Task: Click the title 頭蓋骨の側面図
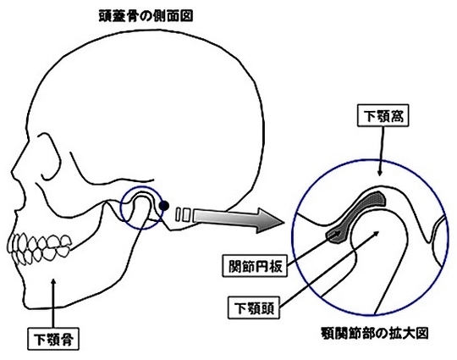146,16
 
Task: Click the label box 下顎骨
53,339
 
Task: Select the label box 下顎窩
383,115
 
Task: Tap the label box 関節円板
255,265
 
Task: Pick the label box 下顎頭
254,307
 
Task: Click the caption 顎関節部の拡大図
374,333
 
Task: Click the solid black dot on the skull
164,206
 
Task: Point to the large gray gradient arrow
238,220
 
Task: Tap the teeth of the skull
39,249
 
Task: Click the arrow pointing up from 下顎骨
53,303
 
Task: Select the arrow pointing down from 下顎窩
381,151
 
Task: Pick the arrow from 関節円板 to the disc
314,248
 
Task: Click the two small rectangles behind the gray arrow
183,214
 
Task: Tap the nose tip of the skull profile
11,170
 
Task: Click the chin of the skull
25,302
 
